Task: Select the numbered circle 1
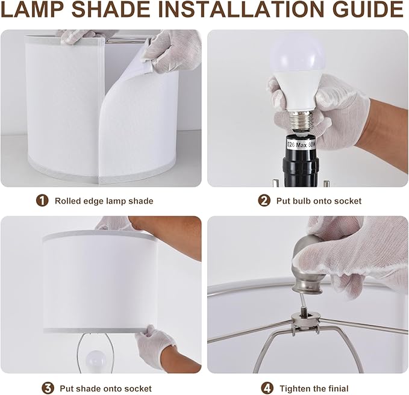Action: point(42,201)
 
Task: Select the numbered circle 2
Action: point(264,201)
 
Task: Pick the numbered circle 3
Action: point(48,388)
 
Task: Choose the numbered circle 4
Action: point(267,388)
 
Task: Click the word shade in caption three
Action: point(89,388)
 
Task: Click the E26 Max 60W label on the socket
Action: point(301,145)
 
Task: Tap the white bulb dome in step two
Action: point(298,55)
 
